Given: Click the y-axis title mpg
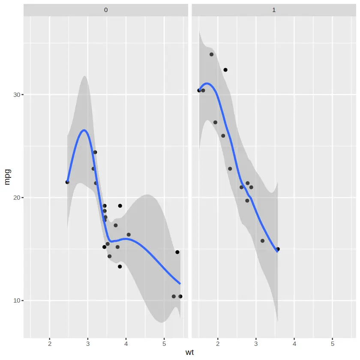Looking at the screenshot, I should pos(7,176).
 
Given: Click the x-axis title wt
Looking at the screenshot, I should pos(190,352).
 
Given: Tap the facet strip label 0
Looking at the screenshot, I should pos(105,10).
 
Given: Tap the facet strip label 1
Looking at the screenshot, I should pos(274,10).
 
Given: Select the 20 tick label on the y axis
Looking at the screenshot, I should pos(15,198).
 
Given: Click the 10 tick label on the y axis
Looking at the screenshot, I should pos(15,300).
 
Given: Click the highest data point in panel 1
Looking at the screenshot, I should pos(211,54).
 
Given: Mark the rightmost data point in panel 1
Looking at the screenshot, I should pos(278,249).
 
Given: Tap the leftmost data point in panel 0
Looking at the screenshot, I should pos(67,182).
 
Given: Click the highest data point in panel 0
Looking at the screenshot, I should pos(95,152).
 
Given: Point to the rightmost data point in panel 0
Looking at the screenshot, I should pos(180,297).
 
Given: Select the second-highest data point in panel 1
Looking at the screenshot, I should pos(225,70).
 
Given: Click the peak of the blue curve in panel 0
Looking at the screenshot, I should pos(84,130).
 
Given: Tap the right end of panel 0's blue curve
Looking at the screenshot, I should pos(180,284).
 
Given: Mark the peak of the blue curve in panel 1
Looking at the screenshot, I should pos(207,83).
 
